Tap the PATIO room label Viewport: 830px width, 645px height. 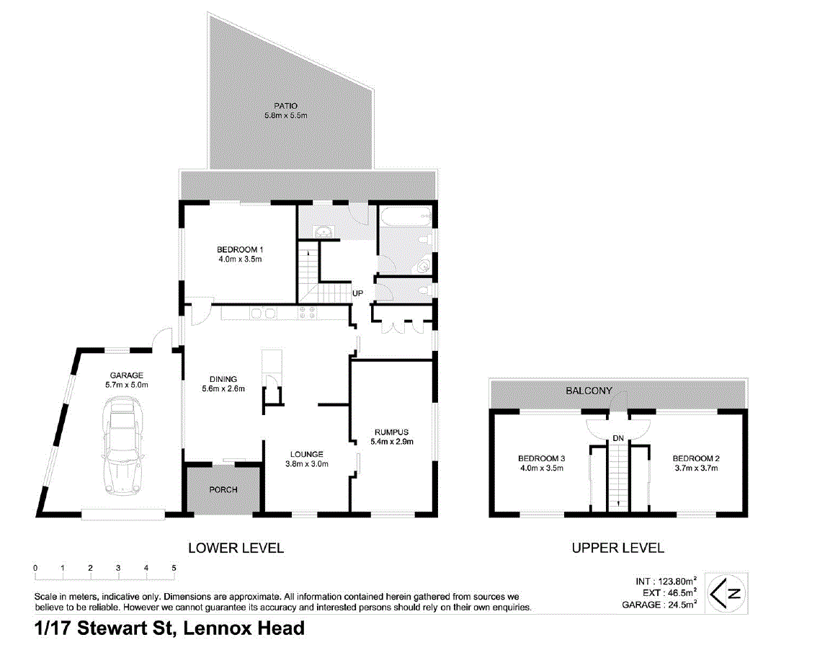285,106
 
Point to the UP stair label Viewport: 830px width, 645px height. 357,293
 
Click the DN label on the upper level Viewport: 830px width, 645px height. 617,437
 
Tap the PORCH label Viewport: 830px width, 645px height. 223,490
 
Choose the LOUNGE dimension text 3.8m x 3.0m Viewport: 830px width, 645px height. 306,464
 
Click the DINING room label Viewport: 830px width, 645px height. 223,379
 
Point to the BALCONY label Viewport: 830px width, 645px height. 589,391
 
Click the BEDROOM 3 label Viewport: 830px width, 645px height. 540,458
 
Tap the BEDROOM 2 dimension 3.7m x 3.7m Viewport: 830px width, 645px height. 695,468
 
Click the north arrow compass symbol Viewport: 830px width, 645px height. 726,594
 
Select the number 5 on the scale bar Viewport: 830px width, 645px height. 174,568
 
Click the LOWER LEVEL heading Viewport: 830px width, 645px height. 236,548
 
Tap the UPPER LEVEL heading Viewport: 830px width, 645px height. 617,548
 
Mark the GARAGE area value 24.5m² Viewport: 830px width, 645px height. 681,605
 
